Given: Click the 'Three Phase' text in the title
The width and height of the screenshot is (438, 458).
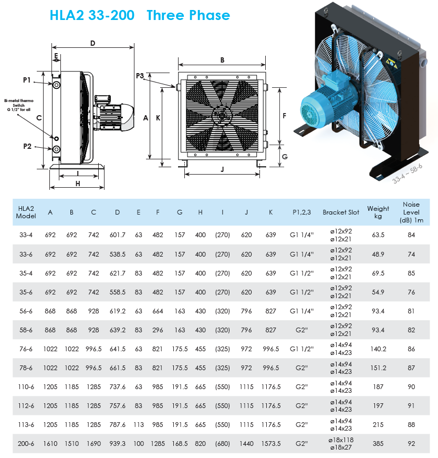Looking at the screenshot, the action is click(188, 15).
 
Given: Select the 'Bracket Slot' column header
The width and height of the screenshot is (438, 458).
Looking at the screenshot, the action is click(341, 212).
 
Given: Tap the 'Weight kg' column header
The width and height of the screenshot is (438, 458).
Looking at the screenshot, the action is click(378, 212).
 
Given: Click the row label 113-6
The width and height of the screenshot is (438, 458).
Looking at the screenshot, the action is click(26, 425).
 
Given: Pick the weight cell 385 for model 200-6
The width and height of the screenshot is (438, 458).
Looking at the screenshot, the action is click(378, 444).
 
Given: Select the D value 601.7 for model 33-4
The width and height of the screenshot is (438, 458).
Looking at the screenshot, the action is click(117, 235).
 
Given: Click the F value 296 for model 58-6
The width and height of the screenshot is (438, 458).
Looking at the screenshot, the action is click(158, 330).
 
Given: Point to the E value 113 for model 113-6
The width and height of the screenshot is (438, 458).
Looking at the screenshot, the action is click(139, 425).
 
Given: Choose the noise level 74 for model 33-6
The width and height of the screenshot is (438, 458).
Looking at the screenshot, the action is click(411, 254).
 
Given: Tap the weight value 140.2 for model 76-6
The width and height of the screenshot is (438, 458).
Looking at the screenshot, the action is click(378, 349).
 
